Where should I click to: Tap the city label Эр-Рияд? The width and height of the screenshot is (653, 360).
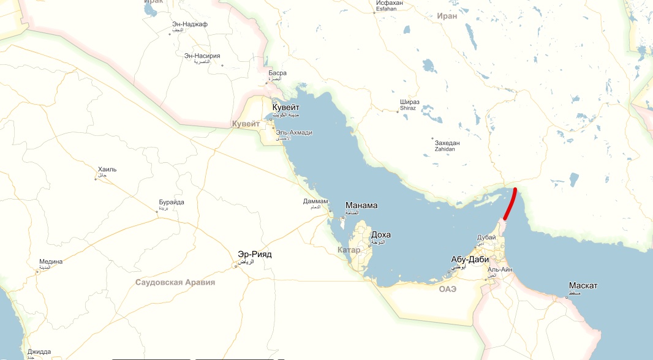pyautogui.click(x=254, y=254)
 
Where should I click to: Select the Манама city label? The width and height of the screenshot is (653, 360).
pyautogui.click(x=361, y=206)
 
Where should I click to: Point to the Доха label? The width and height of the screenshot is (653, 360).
pyautogui.click(x=380, y=235)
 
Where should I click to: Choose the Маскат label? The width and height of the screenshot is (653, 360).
pyautogui.click(x=583, y=286)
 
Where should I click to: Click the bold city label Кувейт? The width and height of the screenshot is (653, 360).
pyautogui.click(x=286, y=107)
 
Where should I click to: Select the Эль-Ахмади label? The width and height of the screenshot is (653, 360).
pyautogui.click(x=294, y=132)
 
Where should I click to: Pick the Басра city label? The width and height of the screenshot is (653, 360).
pyautogui.click(x=277, y=73)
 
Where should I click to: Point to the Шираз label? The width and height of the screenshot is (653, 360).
pyautogui.click(x=410, y=102)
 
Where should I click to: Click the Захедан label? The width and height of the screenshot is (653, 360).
pyautogui.click(x=447, y=143)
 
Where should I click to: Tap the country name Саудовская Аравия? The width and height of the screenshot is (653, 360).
pyautogui.click(x=175, y=282)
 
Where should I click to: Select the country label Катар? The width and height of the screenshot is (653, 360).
pyautogui.click(x=349, y=250)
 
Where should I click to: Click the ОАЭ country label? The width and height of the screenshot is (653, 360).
pyautogui.click(x=447, y=289)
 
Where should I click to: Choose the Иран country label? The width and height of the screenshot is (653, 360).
pyautogui.click(x=448, y=16)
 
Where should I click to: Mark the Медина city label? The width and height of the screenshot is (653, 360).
pyautogui.click(x=51, y=261)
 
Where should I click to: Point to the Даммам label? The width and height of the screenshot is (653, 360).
pyautogui.click(x=315, y=201)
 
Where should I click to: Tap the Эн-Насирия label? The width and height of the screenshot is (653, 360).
pyautogui.click(x=202, y=56)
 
